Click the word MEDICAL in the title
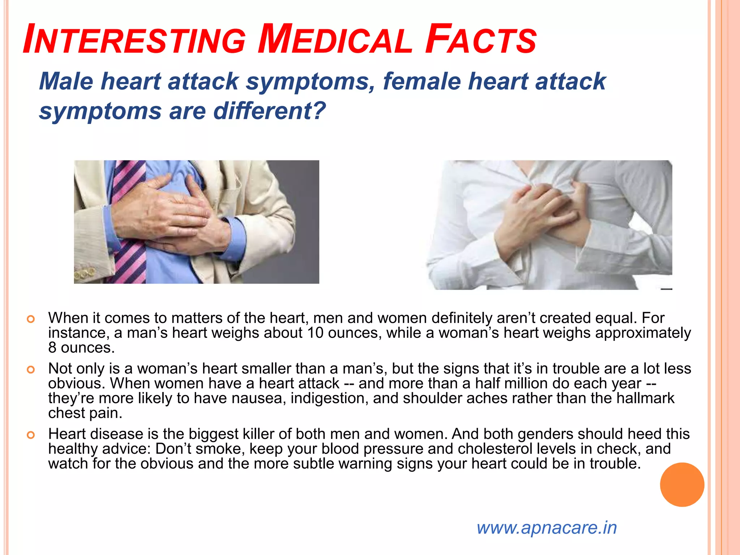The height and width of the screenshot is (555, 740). pos(335,39)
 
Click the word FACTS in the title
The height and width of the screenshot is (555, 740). pos(481,39)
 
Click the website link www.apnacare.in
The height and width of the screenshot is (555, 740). pos(546,528)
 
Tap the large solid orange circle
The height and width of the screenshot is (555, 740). pos(682,485)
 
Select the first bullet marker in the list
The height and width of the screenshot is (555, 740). pos(31,319)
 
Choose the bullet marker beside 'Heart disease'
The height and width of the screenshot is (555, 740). pos(31,435)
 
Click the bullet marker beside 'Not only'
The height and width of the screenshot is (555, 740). pos(31,370)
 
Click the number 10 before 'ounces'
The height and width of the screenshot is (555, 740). pos(315,333)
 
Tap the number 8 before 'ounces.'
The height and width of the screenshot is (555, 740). pos(52,348)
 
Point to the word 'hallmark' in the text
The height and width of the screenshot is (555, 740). pos(645,398)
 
